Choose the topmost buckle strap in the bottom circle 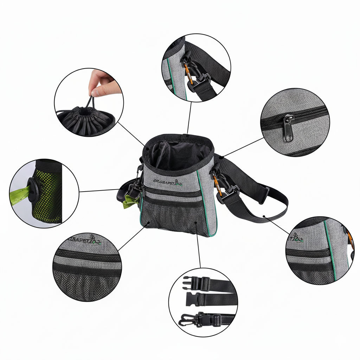click(207, 283)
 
